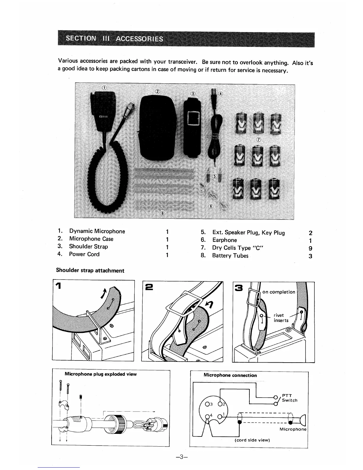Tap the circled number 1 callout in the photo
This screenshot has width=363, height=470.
pos(104,87)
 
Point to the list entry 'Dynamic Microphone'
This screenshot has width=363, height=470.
pos(97,231)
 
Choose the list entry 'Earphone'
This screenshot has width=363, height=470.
pos(225,240)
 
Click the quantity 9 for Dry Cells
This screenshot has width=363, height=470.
pos(310,248)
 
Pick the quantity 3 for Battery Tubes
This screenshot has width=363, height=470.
pos(310,256)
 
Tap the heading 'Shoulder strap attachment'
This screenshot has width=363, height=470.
pos(90,271)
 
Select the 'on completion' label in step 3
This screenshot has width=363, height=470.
pos(279,292)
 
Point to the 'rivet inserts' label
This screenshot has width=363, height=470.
pos(281,318)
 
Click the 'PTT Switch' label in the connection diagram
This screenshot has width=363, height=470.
pos(289,398)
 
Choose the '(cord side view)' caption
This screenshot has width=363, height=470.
pos(252,440)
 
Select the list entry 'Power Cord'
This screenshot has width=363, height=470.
pos(84,254)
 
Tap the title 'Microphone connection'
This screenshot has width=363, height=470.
pos(230,375)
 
